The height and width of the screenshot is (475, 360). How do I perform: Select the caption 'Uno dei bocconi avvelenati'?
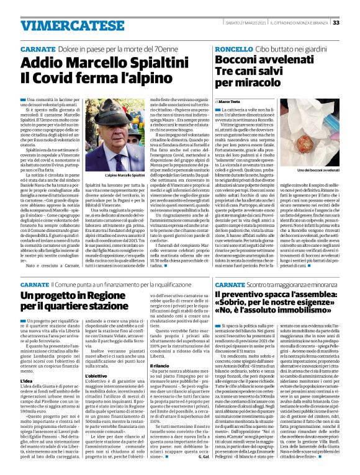316,170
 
